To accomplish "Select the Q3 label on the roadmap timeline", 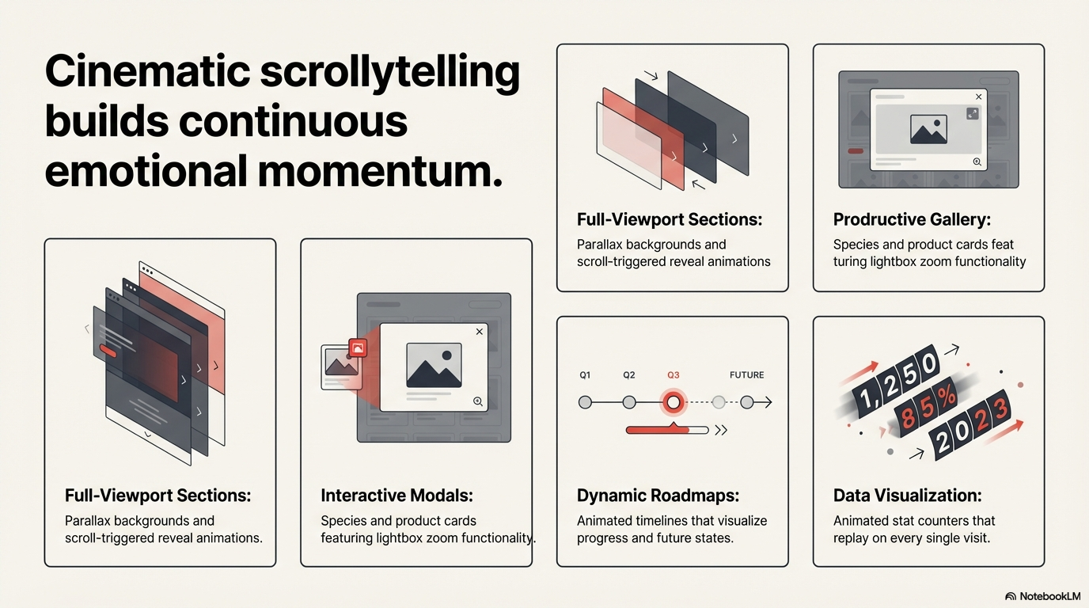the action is pos(673,375).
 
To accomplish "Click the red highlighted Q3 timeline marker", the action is pos(674,402).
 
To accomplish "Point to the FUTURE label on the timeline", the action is pos(747,375).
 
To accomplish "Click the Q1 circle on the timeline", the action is pos(586,402).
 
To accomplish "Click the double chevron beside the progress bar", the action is pos(721,430).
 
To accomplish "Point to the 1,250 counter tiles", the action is pos(896,382).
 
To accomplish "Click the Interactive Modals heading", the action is pos(397,496).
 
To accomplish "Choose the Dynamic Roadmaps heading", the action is pos(658,496).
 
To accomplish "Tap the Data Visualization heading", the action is pos(907,496).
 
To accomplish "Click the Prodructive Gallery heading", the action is pos(912,219).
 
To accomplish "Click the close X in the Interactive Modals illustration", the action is pos(480,331).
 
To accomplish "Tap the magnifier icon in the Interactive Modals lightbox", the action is pos(478,401).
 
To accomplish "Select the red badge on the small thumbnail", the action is pos(358,348).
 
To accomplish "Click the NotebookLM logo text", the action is pos(1049,596).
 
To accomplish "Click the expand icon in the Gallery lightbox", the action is pos(973,114).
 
